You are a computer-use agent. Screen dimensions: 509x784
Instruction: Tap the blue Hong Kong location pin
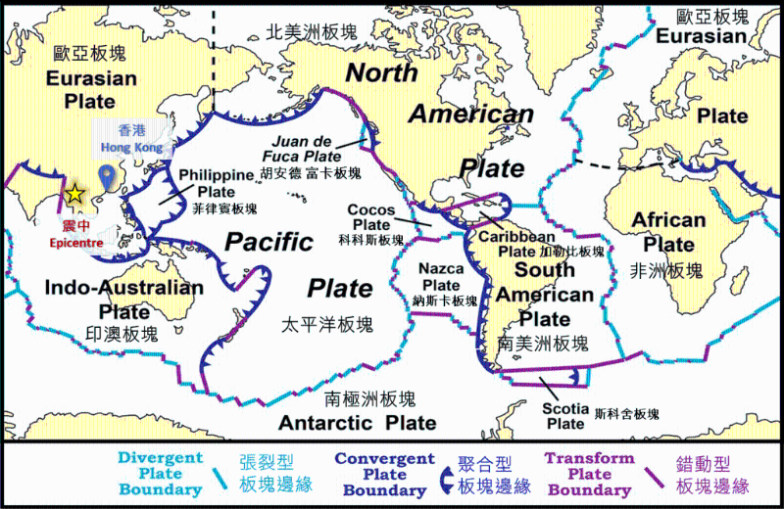click(x=108, y=177)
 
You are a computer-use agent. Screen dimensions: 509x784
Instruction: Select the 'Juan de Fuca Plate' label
click(x=309, y=148)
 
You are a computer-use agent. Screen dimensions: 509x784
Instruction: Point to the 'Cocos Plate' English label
click(x=370, y=217)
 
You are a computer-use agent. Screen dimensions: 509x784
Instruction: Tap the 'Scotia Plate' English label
click(x=565, y=415)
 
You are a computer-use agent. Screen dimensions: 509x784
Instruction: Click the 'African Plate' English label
click(x=668, y=231)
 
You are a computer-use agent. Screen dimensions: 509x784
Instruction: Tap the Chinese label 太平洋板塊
click(x=327, y=323)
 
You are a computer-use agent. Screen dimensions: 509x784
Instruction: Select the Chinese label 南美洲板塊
click(x=543, y=343)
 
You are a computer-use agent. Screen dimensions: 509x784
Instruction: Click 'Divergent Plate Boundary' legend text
click(x=160, y=473)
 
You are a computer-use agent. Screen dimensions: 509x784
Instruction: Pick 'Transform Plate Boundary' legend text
click(x=589, y=473)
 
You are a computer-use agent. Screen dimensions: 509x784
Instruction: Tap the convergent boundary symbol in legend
click(x=446, y=476)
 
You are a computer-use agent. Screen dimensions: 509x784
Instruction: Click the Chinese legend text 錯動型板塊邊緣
click(x=712, y=475)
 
